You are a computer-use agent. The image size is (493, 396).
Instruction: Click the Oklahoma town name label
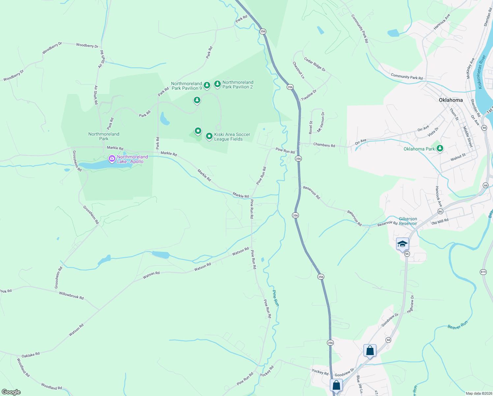tap(450, 100)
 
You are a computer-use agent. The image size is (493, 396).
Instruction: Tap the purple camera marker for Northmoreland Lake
tap(112, 159)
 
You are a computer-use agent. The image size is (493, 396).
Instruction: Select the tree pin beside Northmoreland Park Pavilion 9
tap(207, 85)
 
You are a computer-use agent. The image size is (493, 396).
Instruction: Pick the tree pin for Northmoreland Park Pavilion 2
tap(217, 84)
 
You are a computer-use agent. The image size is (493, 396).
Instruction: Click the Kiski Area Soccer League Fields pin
tap(209, 136)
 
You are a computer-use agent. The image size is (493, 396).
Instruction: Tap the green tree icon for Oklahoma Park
tap(440, 148)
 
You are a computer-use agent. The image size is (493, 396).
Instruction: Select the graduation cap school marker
tap(402, 244)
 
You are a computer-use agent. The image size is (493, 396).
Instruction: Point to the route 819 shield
tap(483, 272)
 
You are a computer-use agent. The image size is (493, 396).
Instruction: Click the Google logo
tap(11, 392)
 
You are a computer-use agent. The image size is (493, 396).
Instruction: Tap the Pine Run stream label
tap(275, 298)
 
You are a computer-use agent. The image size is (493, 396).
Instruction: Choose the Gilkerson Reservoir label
tap(408, 221)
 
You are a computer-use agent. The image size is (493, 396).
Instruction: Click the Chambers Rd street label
tap(324, 145)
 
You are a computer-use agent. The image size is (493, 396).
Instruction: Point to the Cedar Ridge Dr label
tap(315, 64)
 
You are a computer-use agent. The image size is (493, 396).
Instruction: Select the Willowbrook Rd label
tap(71, 295)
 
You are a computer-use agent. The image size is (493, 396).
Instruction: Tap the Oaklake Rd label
tap(31, 355)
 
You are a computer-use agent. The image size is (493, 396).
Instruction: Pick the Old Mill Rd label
tap(440, 221)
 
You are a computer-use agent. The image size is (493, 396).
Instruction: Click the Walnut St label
tap(458, 157)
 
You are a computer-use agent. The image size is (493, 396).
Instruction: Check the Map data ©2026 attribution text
tap(478, 393)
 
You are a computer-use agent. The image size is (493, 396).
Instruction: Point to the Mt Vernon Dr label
tap(321, 122)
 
